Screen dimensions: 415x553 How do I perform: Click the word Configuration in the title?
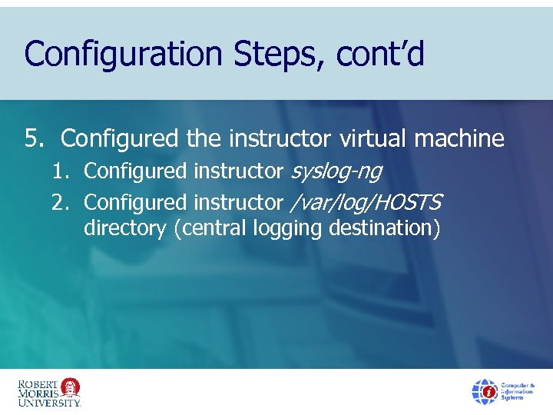[x=122, y=55]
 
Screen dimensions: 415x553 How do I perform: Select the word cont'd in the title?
[x=383, y=55]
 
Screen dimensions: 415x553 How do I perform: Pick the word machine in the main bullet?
[x=459, y=138]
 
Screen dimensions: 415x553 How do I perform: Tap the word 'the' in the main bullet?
[x=204, y=138]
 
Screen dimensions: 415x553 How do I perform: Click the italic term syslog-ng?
[x=336, y=171]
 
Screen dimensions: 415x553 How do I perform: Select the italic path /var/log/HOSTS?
[x=366, y=202]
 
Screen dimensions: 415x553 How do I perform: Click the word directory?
[x=124, y=228]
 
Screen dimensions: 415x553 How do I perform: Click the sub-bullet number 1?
[x=61, y=171]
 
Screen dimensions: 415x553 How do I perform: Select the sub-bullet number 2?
[x=61, y=202]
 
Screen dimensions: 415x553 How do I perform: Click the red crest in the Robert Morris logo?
[x=71, y=387]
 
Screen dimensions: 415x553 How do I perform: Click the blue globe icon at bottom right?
[x=484, y=391]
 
